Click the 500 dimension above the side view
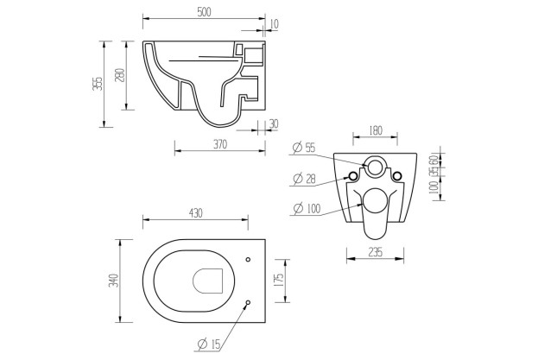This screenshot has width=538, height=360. pos(204,12)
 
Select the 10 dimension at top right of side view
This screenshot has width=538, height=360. pos(274,23)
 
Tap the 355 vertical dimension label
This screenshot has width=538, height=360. pos(98,83)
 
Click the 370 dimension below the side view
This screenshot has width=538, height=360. pos(219,145)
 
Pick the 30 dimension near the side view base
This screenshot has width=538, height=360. pos(274,124)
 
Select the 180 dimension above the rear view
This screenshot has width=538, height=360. pos(376,130)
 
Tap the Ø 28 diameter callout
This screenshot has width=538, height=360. pos(304,179)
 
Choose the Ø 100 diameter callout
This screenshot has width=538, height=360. pos(307,208)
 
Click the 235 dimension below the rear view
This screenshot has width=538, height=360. pos(376,253)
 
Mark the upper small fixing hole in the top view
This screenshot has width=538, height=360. pos(248,258)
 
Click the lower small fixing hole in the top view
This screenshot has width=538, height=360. pos(248,302)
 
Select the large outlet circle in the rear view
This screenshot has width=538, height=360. pos(376,201)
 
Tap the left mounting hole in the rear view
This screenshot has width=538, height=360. pos(352,176)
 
